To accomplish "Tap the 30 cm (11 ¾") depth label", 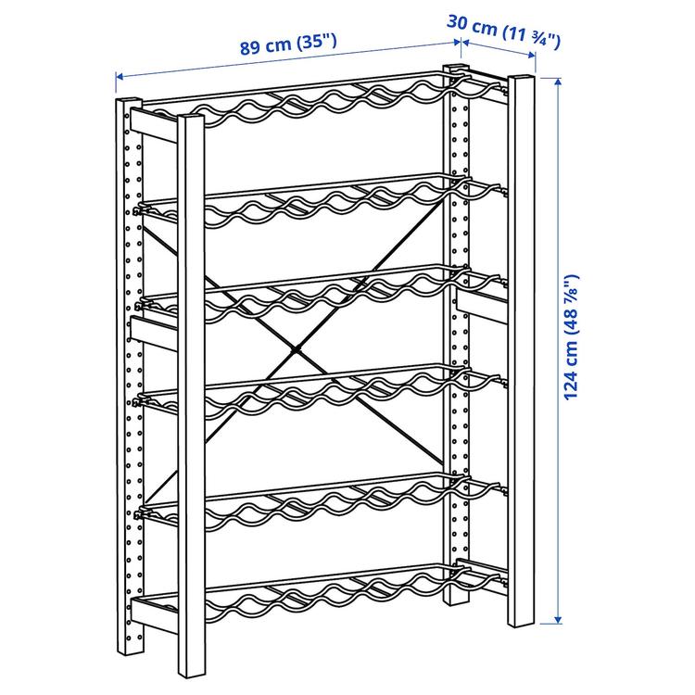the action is click(x=503, y=32).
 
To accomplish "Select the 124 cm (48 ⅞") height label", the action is click(x=572, y=337).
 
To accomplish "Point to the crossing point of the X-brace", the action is click(x=295, y=350).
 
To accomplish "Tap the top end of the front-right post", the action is click(x=522, y=78).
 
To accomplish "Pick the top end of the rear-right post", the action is click(x=455, y=68).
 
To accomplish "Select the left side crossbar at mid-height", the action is click(x=154, y=333).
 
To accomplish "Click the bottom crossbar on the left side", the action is click(x=154, y=614).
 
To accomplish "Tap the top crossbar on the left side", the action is click(x=154, y=125).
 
